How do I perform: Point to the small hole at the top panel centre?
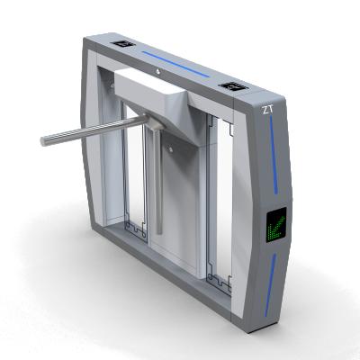click(157, 70)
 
